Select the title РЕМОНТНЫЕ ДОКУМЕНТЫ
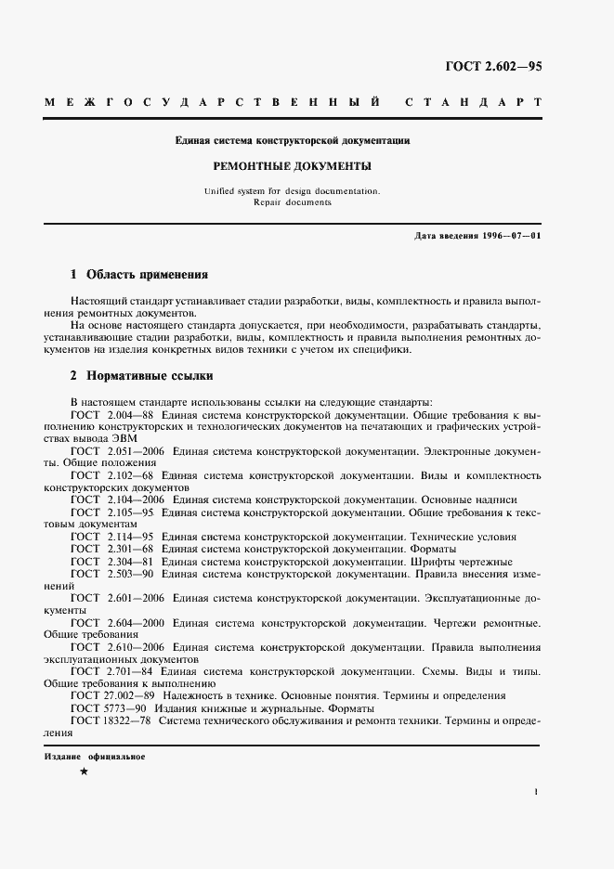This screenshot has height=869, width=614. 293,167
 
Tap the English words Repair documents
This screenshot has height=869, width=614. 293,201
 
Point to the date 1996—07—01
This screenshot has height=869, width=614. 507,236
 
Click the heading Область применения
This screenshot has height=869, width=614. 147,275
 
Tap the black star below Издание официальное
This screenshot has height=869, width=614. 84,772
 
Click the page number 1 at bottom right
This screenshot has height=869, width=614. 537,792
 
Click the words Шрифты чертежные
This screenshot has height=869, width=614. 462,562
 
